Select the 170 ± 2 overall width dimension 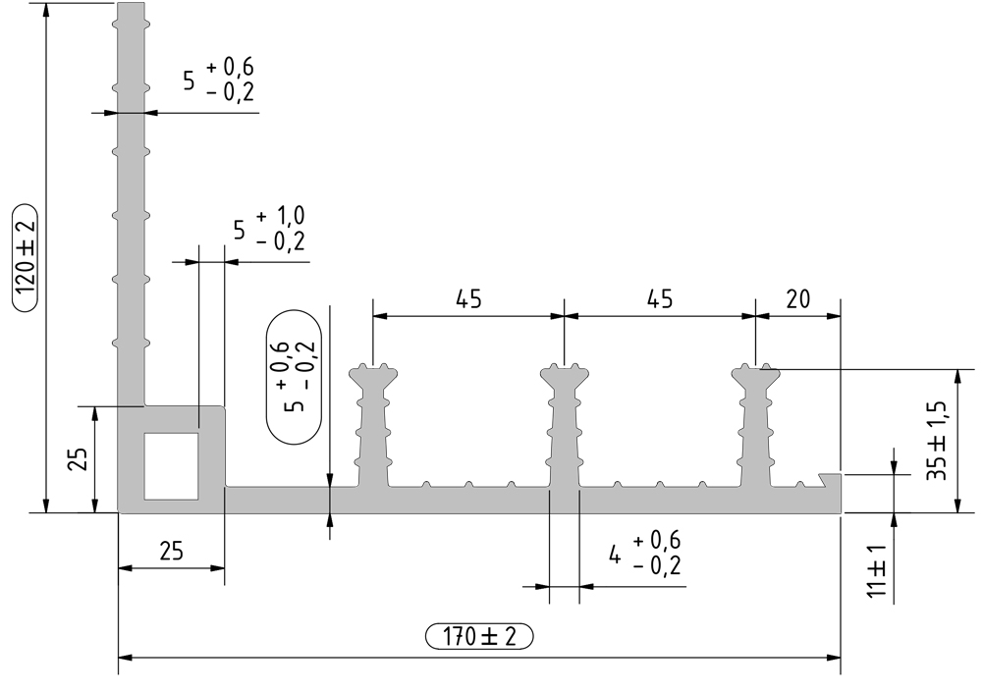coord(479,636)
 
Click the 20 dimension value coord(797,300)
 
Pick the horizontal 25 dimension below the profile coord(171,552)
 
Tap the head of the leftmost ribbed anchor coord(374,375)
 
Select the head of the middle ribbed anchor coord(565,375)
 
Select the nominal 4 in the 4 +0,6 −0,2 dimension coord(615,555)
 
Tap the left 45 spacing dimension coord(469,300)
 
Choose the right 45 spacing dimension coord(660,300)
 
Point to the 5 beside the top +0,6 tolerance coord(189,80)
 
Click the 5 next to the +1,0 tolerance coord(239,230)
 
